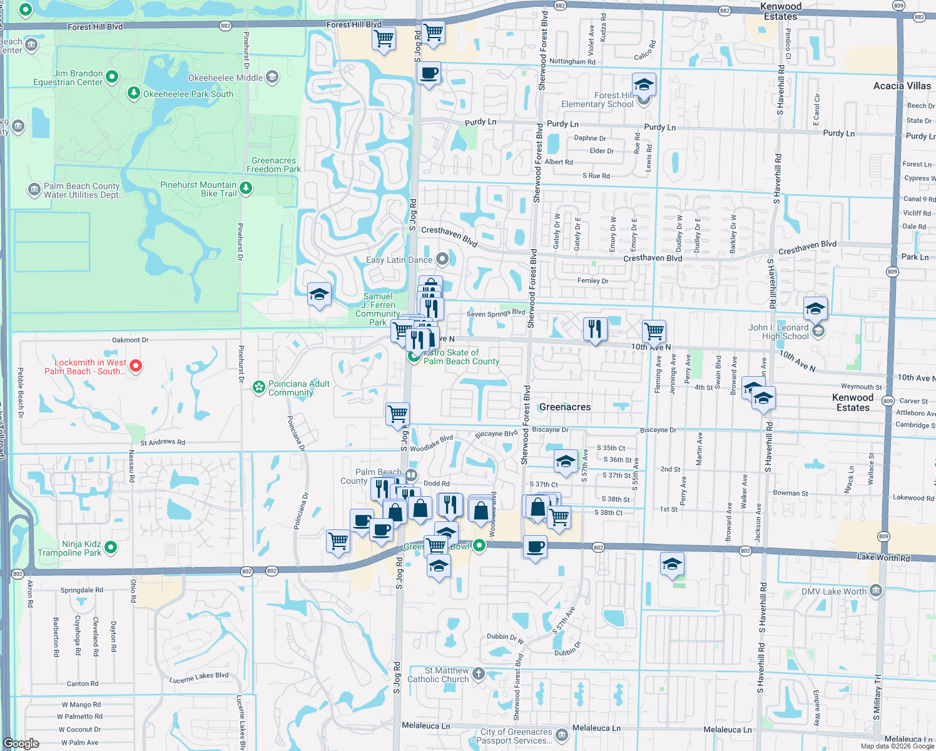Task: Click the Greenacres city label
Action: [564, 407]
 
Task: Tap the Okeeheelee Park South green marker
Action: [133, 93]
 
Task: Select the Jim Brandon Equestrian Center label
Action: [68, 78]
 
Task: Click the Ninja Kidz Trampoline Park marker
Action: [111, 548]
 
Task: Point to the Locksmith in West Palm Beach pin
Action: [136, 365]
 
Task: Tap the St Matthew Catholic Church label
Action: [438, 675]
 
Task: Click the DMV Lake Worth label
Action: [833, 591]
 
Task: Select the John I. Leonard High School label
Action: [778, 332]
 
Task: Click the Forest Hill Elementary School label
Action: [597, 100]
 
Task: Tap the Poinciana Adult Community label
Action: [298, 388]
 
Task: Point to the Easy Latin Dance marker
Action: [442, 258]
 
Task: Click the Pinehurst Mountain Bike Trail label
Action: [198, 189]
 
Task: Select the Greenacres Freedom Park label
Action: [273, 165]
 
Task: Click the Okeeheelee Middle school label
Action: [225, 78]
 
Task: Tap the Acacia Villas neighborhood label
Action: [902, 86]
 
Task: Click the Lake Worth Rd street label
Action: [883, 557]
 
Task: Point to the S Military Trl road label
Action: [877, 697]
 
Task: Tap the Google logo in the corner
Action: [21, 743]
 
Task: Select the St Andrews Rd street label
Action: [163, 442]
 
